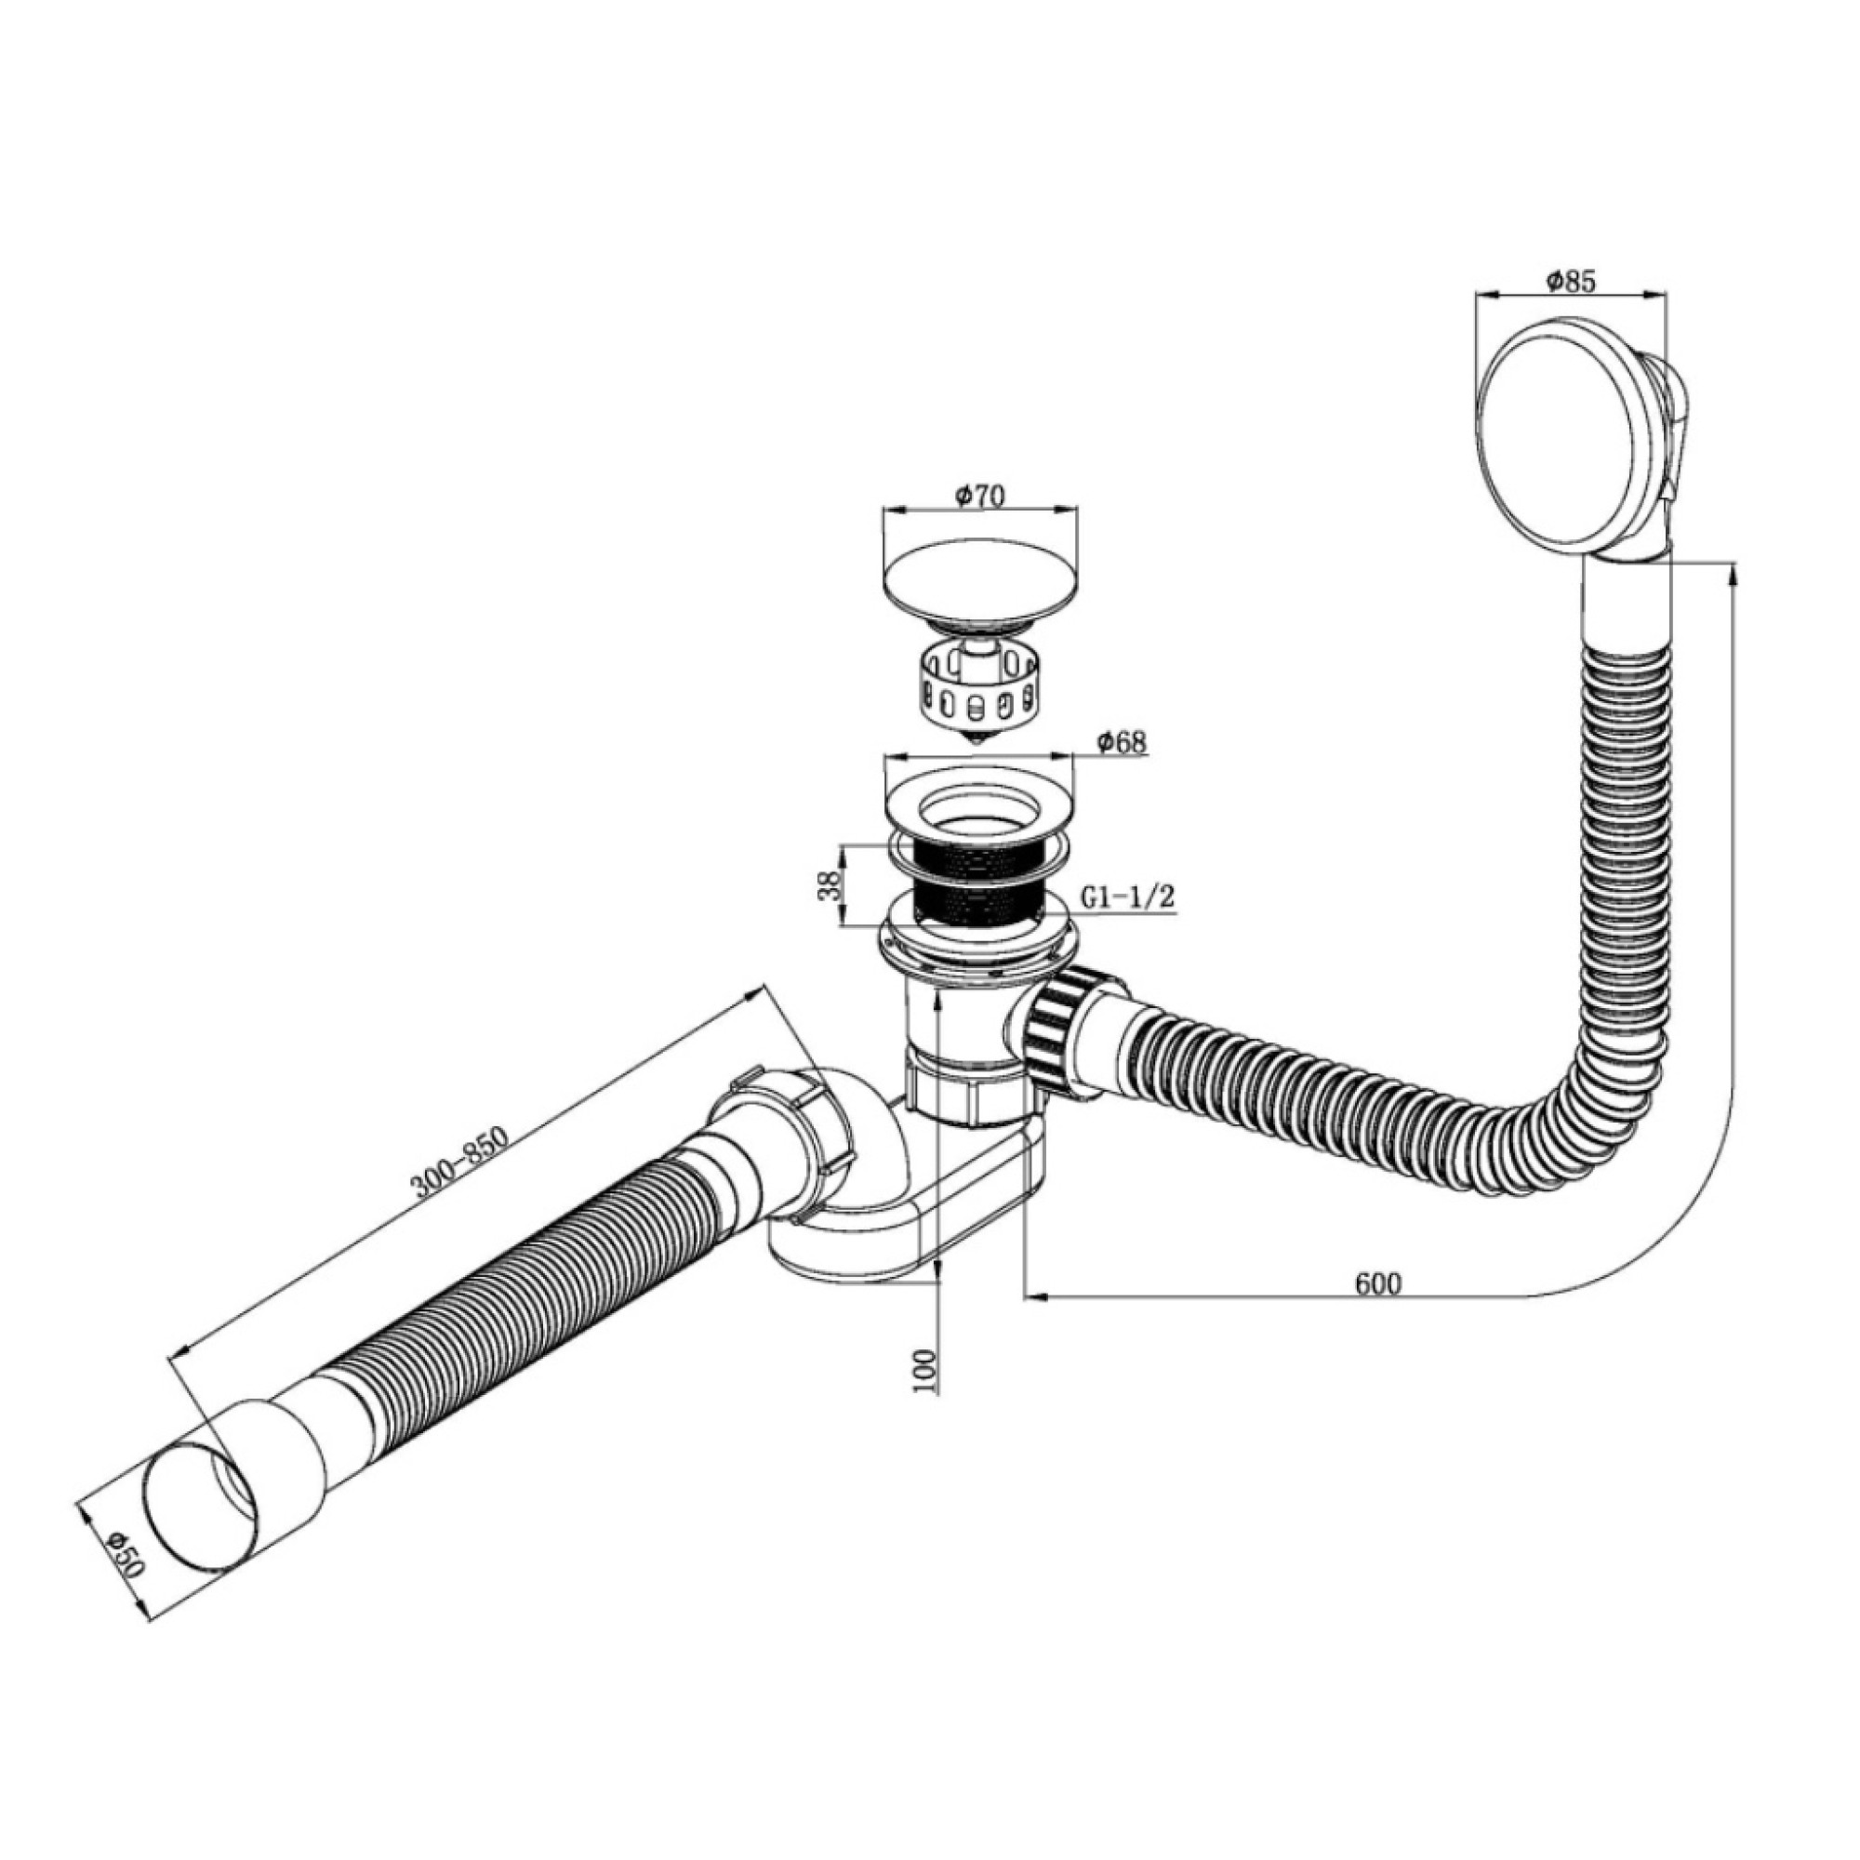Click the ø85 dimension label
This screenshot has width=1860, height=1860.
1572,281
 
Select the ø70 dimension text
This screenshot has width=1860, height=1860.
979,498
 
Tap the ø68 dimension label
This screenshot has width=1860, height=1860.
1122,742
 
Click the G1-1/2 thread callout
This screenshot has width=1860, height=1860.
1128,897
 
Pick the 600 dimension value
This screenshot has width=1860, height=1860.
1378,1282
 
